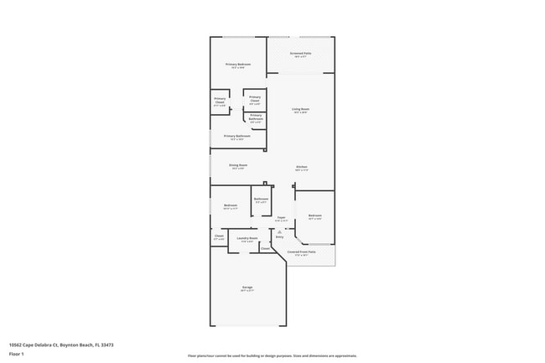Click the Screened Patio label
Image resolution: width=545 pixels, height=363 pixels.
300,54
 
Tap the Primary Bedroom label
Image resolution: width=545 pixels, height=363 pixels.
237,65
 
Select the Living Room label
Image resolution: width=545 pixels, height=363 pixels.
301,109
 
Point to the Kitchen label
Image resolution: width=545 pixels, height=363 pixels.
301,167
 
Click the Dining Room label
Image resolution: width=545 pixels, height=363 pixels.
238,166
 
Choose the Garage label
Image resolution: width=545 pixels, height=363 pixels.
247,288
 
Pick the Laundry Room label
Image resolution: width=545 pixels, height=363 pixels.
247,239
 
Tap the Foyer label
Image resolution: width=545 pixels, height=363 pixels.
282,218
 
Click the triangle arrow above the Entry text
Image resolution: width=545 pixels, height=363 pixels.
279,231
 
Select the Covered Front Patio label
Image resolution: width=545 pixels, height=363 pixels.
301,252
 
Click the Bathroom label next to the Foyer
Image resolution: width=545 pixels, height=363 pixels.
261,200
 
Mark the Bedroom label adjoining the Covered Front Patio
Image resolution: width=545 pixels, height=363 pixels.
314,216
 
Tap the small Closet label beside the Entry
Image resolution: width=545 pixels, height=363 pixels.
265,248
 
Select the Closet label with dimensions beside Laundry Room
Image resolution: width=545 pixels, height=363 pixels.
219,237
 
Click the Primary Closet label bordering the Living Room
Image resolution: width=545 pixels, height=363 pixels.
255,100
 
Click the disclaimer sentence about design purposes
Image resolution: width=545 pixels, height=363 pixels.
272,355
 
